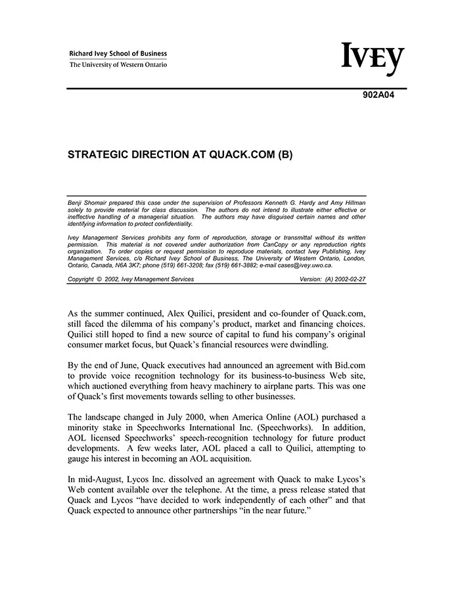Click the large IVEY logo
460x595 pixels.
[x=373, y=59]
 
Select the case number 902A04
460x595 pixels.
[x=379, y=94]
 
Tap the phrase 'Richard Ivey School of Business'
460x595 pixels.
[x=118, y=54]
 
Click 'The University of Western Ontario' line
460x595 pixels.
[x=118, y=65]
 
